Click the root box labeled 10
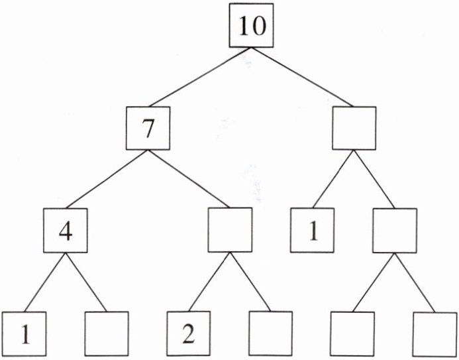[x=251, y=27]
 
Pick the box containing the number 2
[x=188, y=333]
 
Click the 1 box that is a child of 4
[x=25, y=333]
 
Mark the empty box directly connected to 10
[x=354, y=128]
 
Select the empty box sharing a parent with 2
[x=270, y=333]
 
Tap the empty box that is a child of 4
[x=106, y=333]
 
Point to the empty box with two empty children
[x=393, y=230]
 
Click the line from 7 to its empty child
[x=189, y=178]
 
